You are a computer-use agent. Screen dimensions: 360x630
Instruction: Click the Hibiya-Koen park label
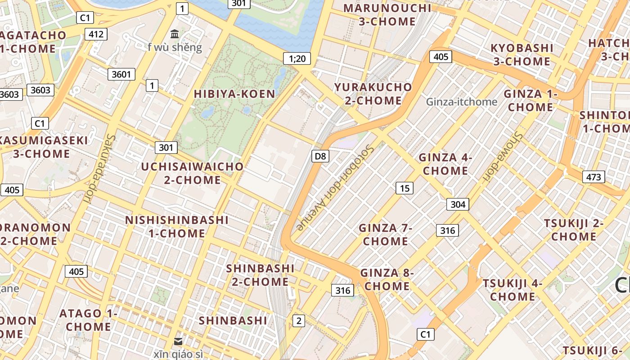(x=234, y=94)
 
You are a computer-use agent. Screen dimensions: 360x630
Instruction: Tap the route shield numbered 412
(x=96, y=34)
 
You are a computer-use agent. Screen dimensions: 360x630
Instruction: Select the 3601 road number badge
(x=121, y=74)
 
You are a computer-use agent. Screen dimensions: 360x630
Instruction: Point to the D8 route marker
(x=320, y=156)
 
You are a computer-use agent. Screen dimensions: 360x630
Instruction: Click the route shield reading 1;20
(x=297, y=58)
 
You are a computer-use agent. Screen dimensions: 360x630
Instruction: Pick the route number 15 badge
(x=405, y=188)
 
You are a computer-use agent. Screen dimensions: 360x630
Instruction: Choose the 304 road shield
(x=458, y=204)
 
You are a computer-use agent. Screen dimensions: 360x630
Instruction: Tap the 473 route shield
(x=593, y=177)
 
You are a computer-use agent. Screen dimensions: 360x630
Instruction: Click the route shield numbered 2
(x=298, y=321)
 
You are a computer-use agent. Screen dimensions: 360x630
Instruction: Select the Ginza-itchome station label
(x=461, y=102)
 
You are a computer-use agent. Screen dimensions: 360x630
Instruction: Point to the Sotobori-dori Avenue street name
(x=336, y=187)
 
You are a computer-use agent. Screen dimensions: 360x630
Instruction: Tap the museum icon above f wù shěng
(x=175, y=34)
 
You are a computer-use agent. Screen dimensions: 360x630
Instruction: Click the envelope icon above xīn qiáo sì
(x=178, y=342)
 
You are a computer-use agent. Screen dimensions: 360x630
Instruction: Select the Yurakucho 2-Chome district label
(x=373, y=94)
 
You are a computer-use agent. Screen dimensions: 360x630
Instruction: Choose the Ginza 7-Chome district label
(x=386, y=234)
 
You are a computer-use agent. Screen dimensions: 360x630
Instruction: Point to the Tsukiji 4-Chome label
(x=513, y=290)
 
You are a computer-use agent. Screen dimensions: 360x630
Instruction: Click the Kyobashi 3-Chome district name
(x=522, y=54)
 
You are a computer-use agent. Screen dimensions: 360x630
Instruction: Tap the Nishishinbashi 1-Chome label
(x=177, y=226)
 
